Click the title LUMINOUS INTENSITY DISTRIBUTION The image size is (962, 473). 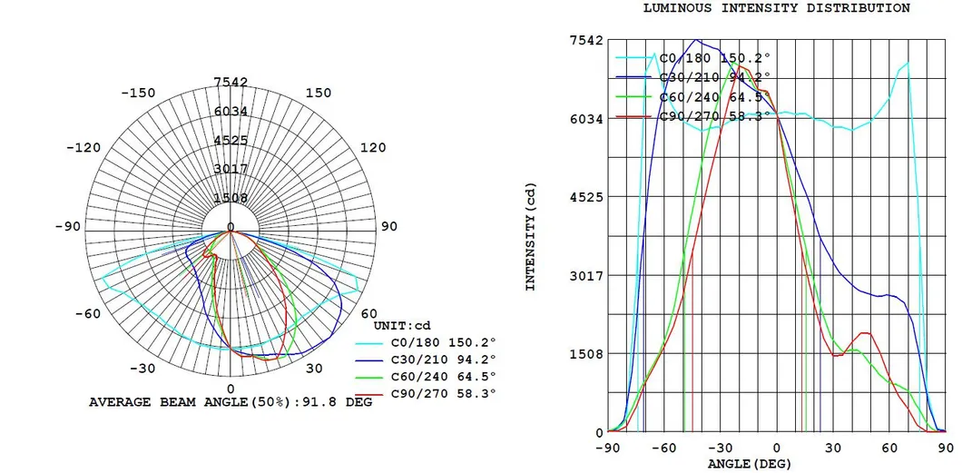tap(776, 8)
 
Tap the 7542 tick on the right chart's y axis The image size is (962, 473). tap(585, 40)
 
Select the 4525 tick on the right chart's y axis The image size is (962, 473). tap(585, 196)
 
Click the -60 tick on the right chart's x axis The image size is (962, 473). tap(663, 448)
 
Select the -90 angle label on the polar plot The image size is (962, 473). tap(67, 226)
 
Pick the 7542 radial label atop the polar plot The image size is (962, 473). tap(231, 83)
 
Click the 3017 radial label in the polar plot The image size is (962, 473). tap(231, 169)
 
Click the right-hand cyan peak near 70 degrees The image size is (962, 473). tap(906, 64)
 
